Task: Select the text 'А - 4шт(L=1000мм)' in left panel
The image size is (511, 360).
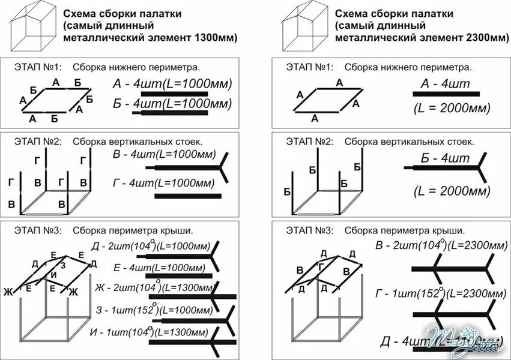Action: (x=172, y=83)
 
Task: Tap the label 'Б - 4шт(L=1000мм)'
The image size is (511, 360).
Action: (x=172, y=104)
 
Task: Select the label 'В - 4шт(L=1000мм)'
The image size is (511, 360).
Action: (x=163, y=155)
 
